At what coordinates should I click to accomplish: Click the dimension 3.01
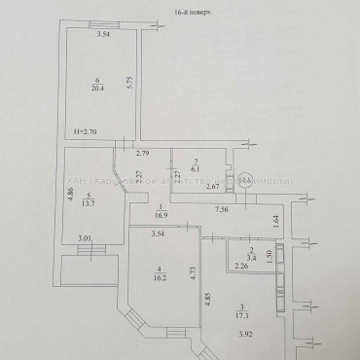coord(84,236)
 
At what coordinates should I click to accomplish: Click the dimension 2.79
coord(143,154)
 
